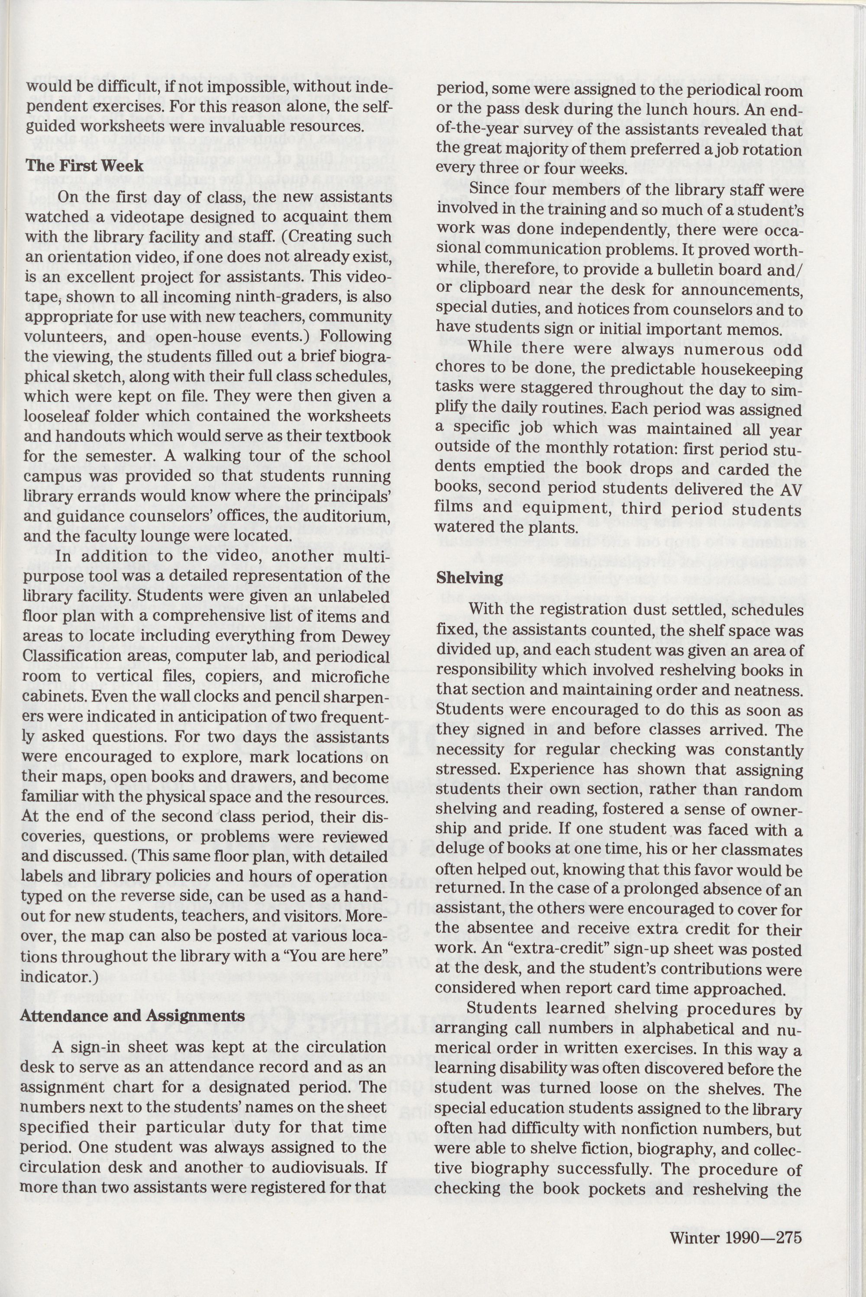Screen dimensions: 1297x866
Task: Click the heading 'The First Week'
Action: click(x=84, y=166)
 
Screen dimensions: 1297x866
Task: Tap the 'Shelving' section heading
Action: click(x=469, y=577)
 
